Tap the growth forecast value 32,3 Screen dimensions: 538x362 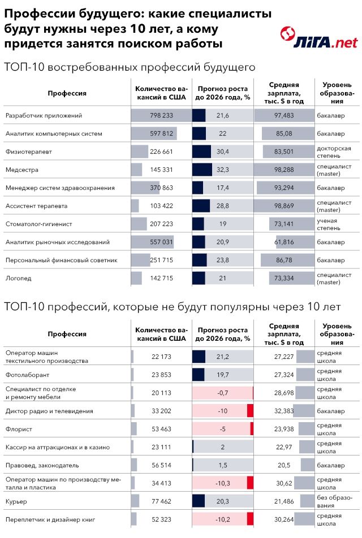click(x=222, y=170)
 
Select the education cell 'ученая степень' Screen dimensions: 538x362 click(x=328, y=224)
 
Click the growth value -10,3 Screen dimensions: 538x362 click(x=222, y=483)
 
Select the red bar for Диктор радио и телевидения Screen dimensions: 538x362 click(x=250, y=411)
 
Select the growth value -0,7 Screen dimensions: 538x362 click(x=222, y=393)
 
